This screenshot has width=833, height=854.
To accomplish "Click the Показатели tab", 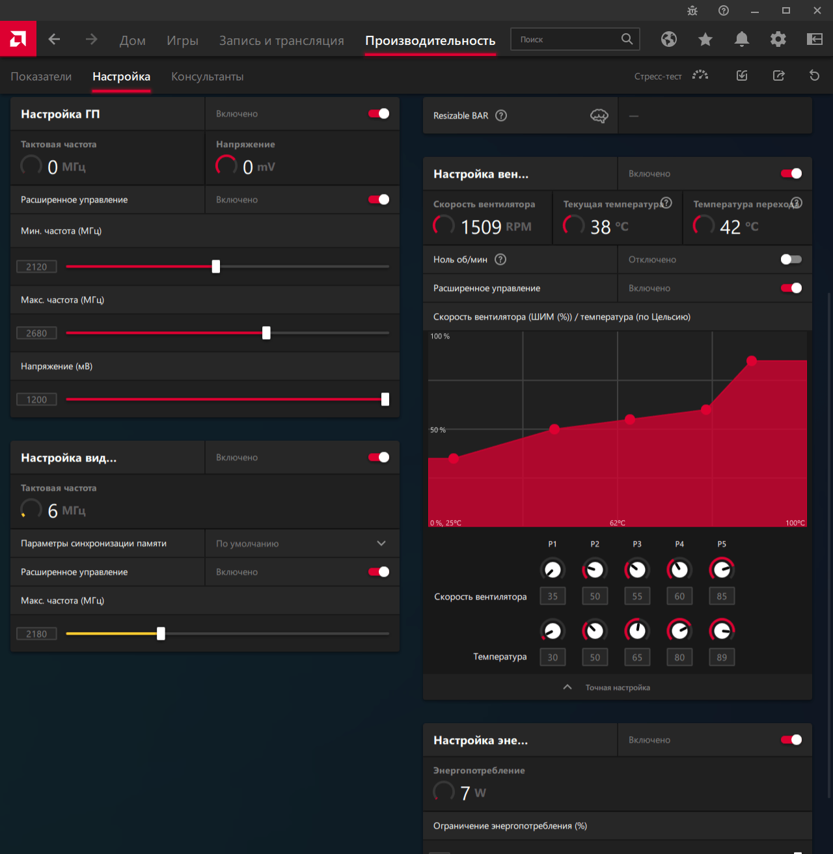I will point(41,76).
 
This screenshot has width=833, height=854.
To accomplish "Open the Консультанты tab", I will point(207,76).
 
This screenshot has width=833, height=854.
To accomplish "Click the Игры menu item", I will point(182,40).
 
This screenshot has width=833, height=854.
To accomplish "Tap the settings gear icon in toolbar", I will point(778,40).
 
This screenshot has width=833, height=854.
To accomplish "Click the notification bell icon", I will point(741,40).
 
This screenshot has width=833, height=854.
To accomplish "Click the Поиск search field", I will point(566,40).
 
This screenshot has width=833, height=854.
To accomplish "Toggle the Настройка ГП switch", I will point(379,114).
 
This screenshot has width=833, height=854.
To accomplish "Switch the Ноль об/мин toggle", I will point(791,260).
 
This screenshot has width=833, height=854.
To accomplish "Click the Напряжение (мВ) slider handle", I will point(385,399).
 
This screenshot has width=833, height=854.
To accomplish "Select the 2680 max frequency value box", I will point(36,333).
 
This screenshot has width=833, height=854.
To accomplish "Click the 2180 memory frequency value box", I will point(36,634).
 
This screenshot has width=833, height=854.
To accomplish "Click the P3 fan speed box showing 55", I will point(637,596).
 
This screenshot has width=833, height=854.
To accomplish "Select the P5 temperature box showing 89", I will point(722,657).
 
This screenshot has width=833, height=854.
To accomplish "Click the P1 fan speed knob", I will point(553,570).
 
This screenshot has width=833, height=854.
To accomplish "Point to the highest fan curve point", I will point(752,361).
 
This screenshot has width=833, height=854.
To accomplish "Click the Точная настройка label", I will point(618,688).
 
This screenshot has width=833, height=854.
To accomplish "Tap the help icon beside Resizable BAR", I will point(501,116).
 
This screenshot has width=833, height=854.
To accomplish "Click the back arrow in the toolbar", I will point(55,40).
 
